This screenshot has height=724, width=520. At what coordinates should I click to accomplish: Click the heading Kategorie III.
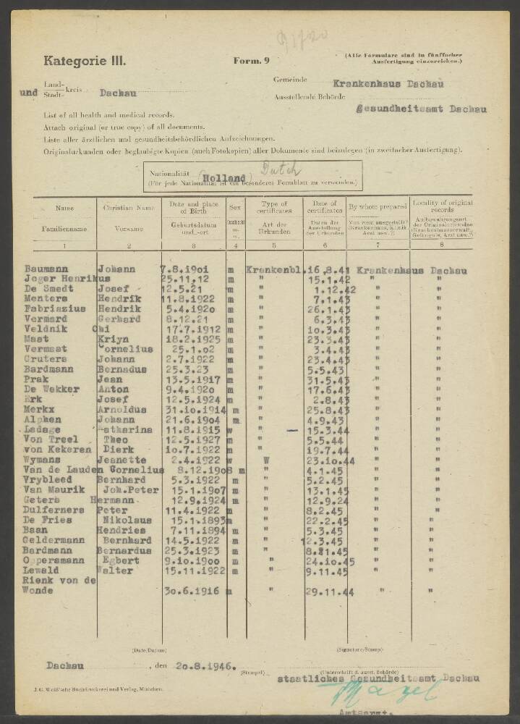(85, 61)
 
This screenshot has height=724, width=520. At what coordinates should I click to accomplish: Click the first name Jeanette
(122, 459)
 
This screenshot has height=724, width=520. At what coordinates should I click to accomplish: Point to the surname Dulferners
(54, 509)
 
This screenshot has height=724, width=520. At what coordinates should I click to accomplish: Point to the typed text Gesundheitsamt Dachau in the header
(422, 109)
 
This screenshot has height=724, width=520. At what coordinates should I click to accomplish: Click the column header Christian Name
(129, 208)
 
